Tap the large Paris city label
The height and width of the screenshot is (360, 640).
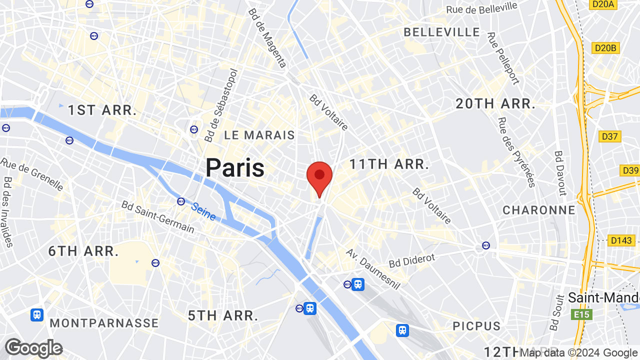coord(235,168)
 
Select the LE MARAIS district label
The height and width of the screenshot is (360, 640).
coord(259,135)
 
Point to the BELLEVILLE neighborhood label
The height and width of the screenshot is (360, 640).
coord(441,32)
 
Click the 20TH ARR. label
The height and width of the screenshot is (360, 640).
coord(495,104)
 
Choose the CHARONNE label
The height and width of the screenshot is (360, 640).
coord(539,210)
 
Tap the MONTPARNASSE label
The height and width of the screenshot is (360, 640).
coord(104,323)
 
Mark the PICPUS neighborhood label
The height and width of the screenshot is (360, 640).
coord(476,326)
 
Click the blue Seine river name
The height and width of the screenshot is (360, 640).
coord(204,211)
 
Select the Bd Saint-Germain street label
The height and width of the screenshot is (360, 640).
coord(157,216)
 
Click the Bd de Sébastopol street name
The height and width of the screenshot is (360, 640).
coord(220,105)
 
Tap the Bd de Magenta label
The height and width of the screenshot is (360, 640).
coord(267,38)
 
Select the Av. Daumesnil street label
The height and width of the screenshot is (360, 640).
coord(373,269)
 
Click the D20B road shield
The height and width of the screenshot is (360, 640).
coord(606,48)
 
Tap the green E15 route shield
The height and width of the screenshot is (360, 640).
coord(581,314)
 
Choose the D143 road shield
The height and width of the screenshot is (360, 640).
coord(621,240)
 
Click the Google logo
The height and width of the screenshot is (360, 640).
coord(33,348)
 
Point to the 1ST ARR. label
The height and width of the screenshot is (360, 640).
coord(102,110)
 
